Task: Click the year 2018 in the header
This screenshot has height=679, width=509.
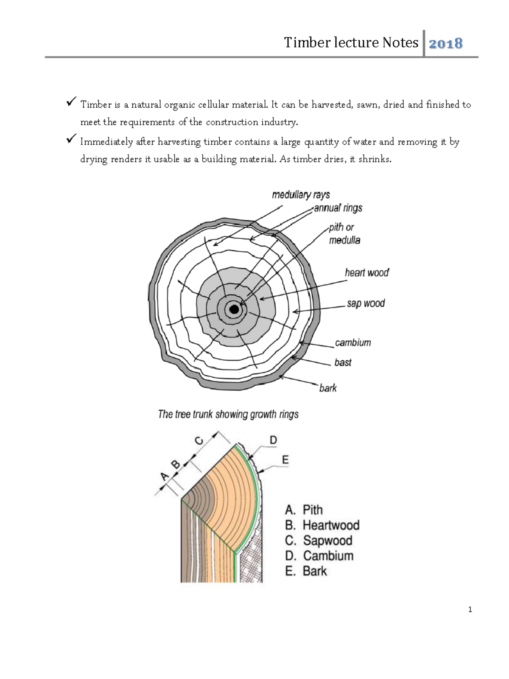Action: pos(445,43)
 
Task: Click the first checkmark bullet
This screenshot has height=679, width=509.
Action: pos(71,102)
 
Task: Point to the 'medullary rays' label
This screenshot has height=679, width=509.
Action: pos(301,195)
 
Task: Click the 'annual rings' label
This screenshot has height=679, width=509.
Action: pos(338,208)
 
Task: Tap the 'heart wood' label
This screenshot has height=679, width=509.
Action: pos(367,273)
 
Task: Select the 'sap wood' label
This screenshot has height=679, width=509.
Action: pos(366,303)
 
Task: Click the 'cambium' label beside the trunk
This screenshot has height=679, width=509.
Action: pos(353,342)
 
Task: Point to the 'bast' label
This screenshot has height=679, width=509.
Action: pos(343,362)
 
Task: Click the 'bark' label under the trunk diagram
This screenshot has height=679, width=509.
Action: pos(328,388)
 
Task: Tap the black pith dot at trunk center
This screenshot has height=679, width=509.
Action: pos(234,310)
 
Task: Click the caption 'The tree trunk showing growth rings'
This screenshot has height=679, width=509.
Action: pos(228,414)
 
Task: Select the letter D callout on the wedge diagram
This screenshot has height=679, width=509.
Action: pos(273,440)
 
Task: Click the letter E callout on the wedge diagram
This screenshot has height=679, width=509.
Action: pos(285,459)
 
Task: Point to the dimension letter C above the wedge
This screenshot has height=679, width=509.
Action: pos(199,441)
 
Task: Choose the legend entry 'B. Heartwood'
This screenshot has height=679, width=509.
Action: pos(322,525)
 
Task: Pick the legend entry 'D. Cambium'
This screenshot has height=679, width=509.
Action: pos(319,556)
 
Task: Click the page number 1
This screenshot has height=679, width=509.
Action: pos(470,609)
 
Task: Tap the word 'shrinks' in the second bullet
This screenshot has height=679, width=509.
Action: pos(374,159)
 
